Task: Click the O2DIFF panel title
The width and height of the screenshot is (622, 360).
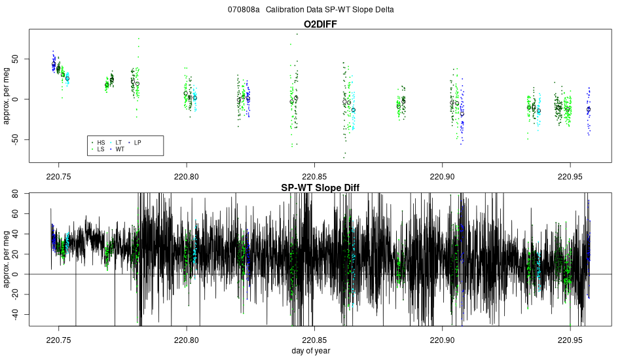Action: point(320,24)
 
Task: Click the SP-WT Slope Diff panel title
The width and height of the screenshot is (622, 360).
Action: point(320,187)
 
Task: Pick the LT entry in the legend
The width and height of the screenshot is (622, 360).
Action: point(119,142)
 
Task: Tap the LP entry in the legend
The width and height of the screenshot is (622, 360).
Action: point(137,142)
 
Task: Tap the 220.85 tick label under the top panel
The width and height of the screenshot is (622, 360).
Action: point(315,175)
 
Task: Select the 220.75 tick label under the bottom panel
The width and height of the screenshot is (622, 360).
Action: point(58,340)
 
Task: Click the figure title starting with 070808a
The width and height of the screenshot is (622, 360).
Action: point(310,10)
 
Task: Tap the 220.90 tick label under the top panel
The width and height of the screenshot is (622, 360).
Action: point(443,175)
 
